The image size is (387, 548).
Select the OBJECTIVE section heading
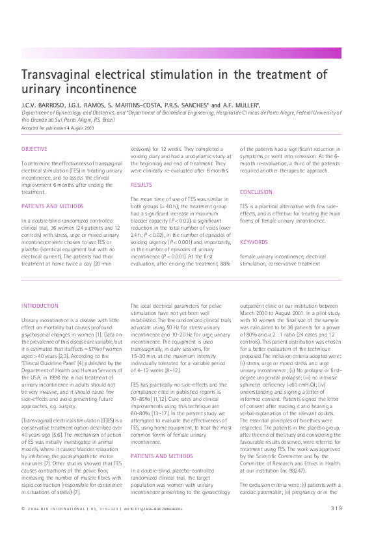click(34, 149)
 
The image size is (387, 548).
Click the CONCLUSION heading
click(256, 192)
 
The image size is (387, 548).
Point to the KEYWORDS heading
click(254, 242)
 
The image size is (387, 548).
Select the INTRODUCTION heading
click(40, 305)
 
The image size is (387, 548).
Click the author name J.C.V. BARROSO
click(38, 105)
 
